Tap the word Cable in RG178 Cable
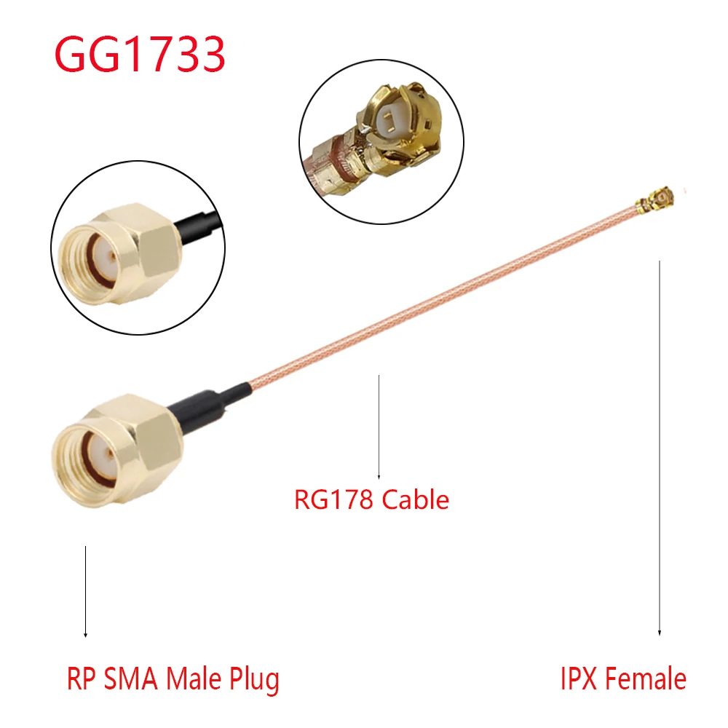(416, 500)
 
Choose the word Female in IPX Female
(646, 679)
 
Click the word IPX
(579, 679)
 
